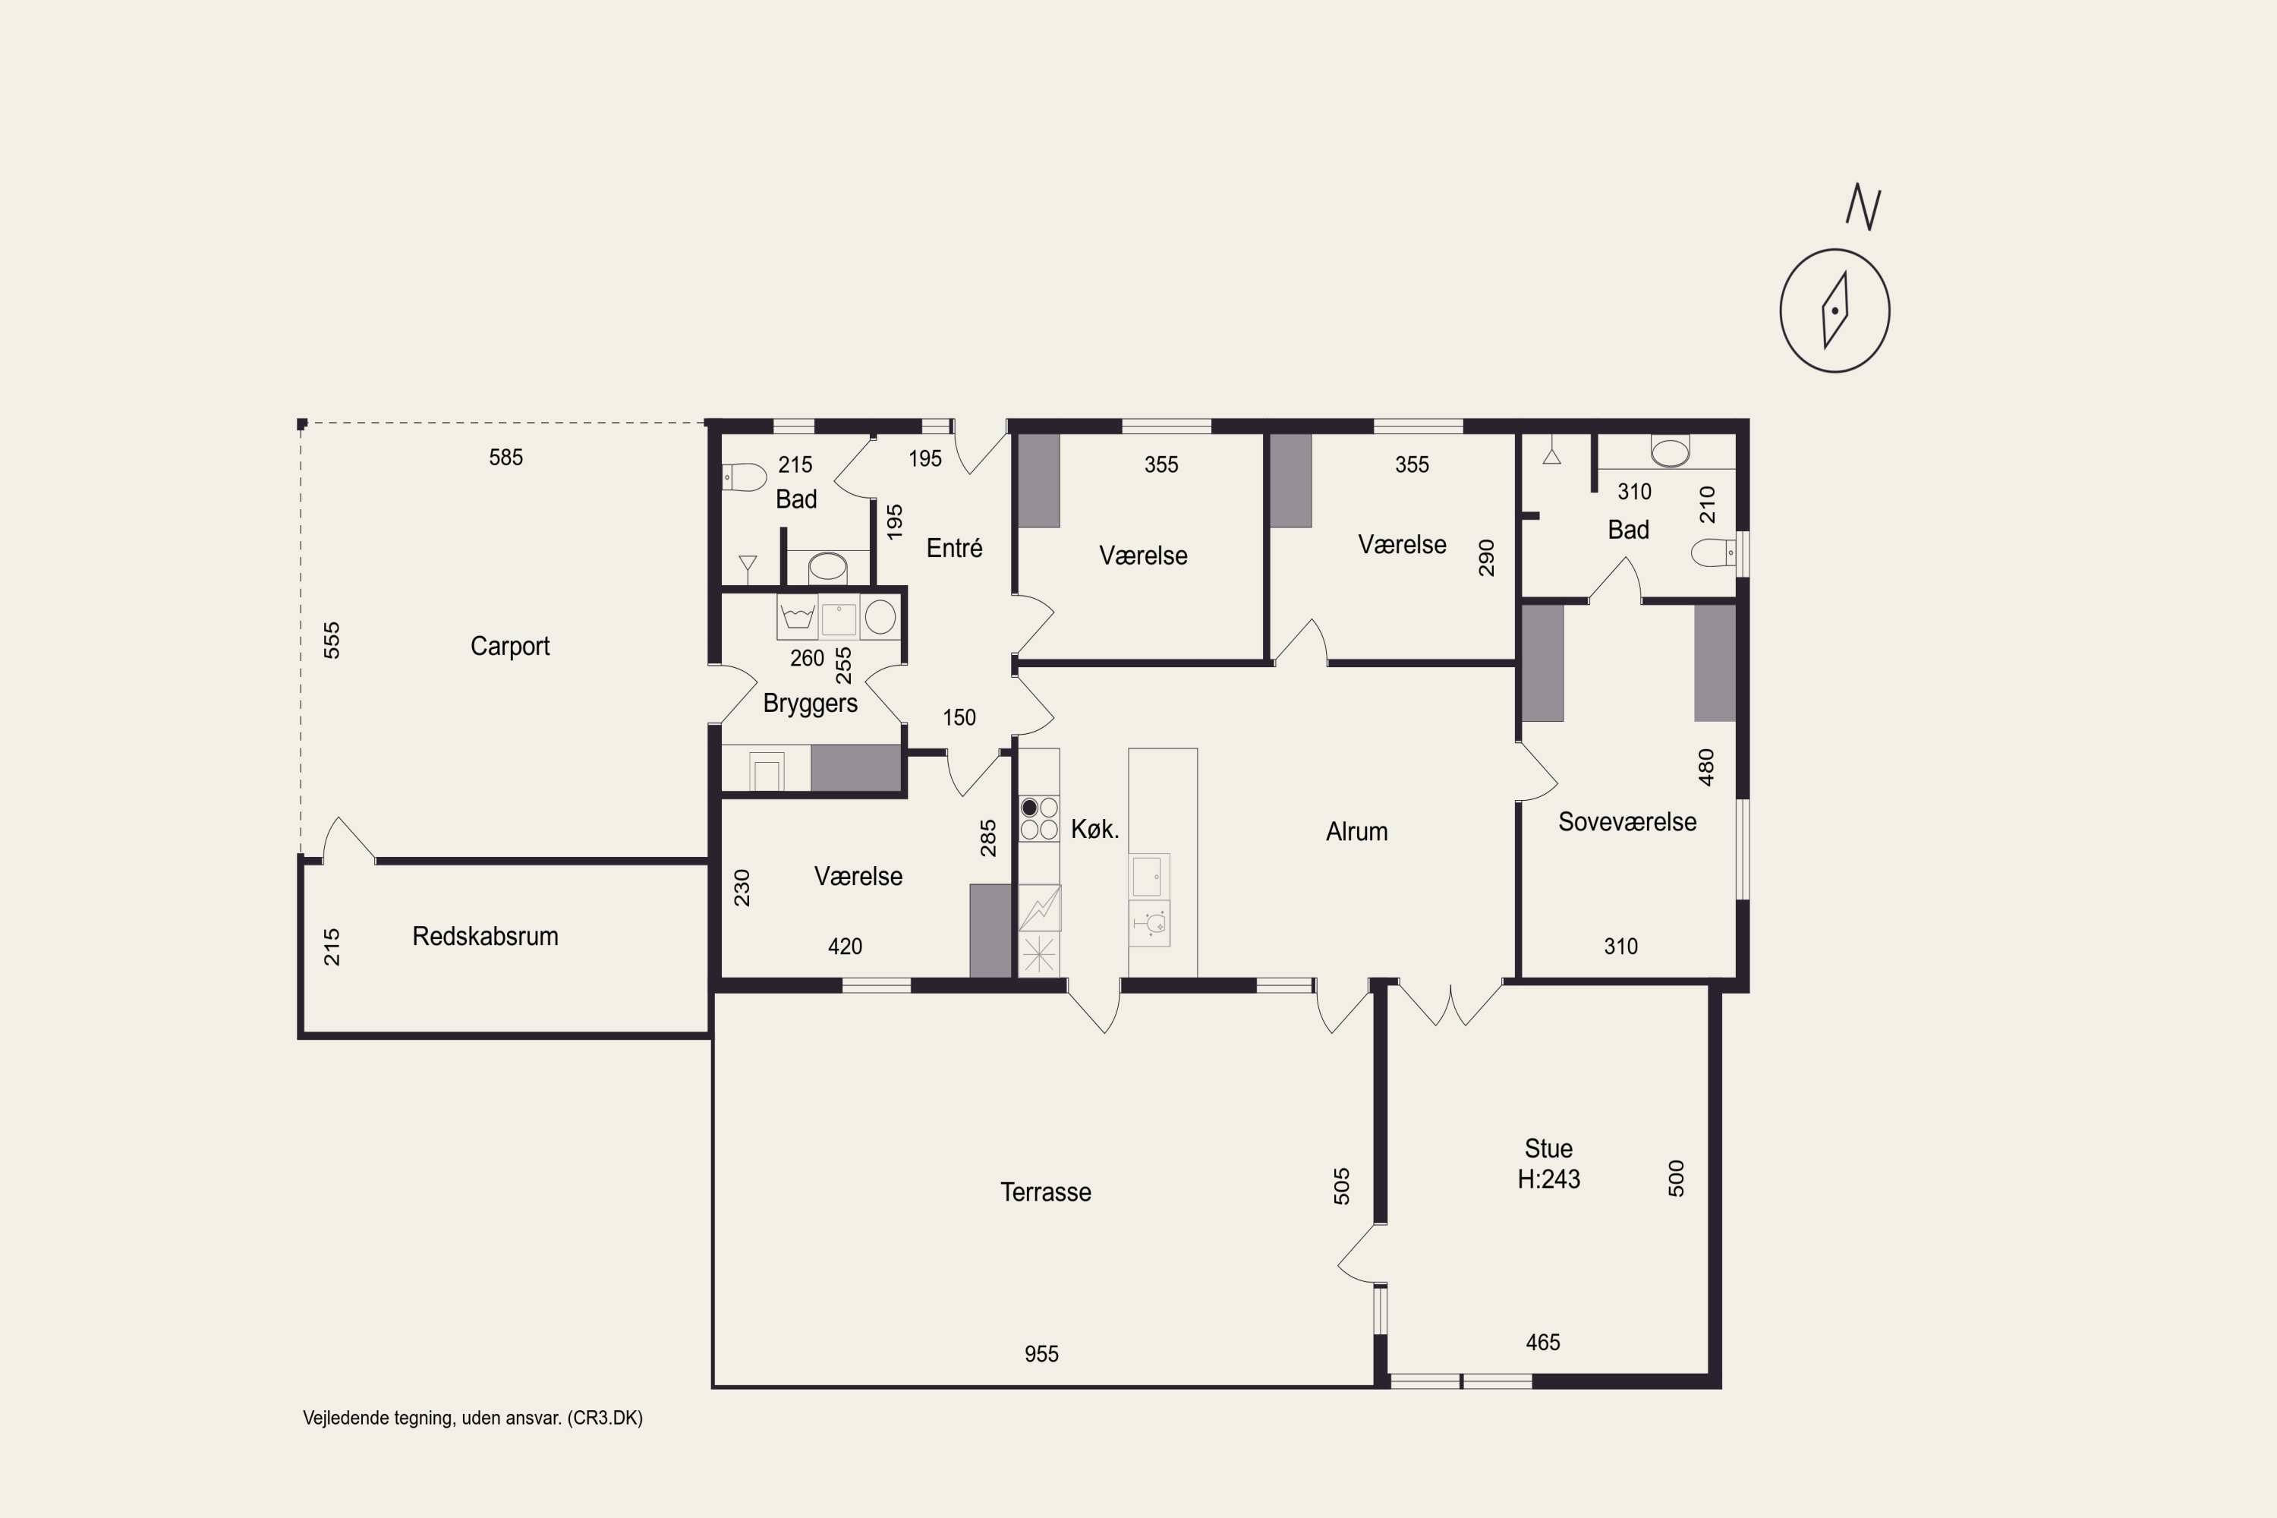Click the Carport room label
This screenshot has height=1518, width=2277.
pos(510,646)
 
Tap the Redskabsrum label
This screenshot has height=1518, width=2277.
pos(485,936)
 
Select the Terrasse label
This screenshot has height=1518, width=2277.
pos(1046,1192)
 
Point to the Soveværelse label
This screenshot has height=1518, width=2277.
pos(1627,822)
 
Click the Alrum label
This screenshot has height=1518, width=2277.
pos(1356,832)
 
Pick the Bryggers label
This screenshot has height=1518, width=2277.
pos(811,704)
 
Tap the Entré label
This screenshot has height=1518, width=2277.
pos(955,548)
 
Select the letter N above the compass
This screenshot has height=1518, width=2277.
pos(1863,206)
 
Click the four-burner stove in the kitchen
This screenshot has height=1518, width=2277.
pos(1039,818)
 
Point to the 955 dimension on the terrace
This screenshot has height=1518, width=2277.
pos(1041,1354)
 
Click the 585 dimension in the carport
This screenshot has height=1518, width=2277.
pos(505,457)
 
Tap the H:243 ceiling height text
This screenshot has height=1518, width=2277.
pos(1549,1179)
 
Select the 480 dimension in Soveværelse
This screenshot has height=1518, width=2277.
pos(1705,767)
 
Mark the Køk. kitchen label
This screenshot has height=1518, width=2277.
pos(1095,829)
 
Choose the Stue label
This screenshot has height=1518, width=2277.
pos(1549,1149)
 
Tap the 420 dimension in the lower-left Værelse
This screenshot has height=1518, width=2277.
pos(846,946)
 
